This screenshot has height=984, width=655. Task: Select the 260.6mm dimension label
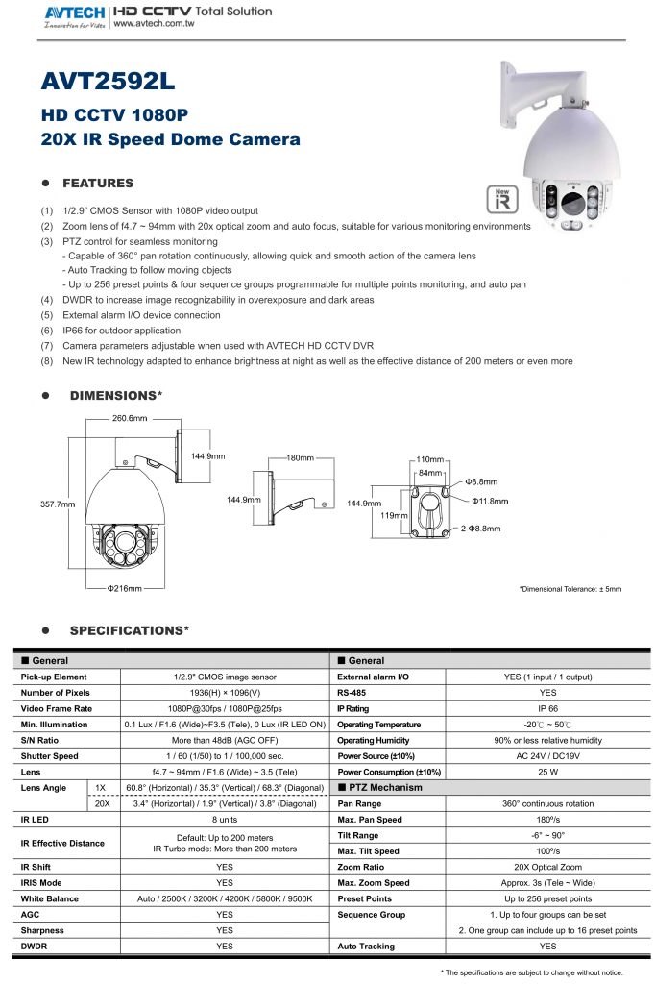pyautogui.click(x=130, y=419)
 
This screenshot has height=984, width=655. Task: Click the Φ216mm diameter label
pyautogui.click(x=124, y=587)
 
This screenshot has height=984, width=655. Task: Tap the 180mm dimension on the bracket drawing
pyautogui.click(x=302, y=457)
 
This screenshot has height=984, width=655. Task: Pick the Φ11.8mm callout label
pyautogui.click(x=490, y=501)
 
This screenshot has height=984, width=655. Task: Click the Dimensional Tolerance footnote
pyautogui.click(x=570, y=588)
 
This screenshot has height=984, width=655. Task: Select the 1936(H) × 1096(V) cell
pyautogui.click(x=224, y=692)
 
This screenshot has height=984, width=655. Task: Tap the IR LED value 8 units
pyautogui.click(x=224, y=818)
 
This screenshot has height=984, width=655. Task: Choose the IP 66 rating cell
pyautogui.click(x=547, y=707)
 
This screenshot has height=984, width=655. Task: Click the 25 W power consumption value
pyautogui.click(x=547, y=771)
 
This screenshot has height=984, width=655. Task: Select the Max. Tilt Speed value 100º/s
pyautogui.click(x=547, y=849)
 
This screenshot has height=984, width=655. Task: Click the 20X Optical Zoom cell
pyautogui.click(x=547, y=866)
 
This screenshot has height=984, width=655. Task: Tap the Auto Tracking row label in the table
pyautogui.click(x=366, y=946)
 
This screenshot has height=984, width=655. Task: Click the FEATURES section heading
pyautogui.click(x=98, y=183)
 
